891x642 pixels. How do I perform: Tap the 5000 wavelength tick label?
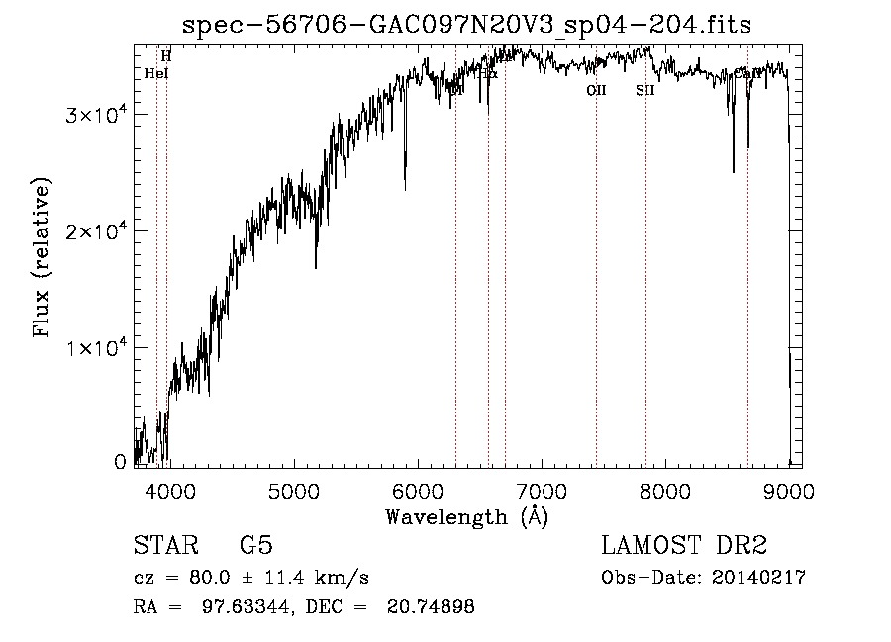tap(293, 492)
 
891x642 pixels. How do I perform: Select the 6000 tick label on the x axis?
tap(417, 492)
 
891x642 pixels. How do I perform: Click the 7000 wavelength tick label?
tap(542, 492)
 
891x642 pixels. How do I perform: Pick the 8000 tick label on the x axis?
tap(665, 492)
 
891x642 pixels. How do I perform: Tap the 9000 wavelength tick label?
tap(789, 492)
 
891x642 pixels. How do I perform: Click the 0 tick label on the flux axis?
tap(121, 462)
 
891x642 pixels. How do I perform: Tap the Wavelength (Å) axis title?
tap(466, 516)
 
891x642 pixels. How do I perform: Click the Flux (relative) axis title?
tap(43, 258)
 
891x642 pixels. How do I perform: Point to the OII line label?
tap(596, 90)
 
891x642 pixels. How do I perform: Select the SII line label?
tap(645, 90)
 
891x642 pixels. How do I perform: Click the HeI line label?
tap(156, 73)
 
